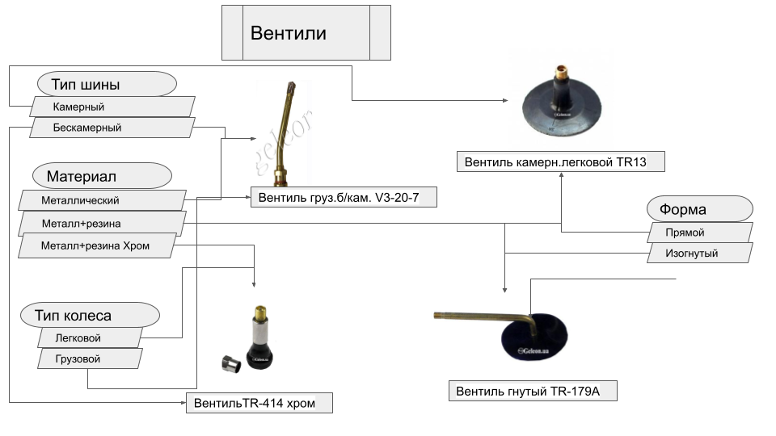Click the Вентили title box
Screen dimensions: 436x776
click(306, 32)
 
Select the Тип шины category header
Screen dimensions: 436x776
click(107, 84)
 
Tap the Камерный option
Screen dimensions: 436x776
click(112, 107)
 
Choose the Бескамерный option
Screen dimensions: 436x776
click(112, 128)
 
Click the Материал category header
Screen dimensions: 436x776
click(102, 176)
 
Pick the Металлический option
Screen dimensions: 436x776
click(102, 200)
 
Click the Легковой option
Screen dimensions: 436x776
click(89, 337)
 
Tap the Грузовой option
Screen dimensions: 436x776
click(89, 358)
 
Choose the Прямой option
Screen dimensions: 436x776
click(700, 233)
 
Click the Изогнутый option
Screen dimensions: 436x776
click(700, 254)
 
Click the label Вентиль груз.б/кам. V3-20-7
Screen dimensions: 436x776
click(343, 197)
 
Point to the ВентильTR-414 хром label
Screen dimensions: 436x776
click(259, 403)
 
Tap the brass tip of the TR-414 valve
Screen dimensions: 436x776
click(261, 310)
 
